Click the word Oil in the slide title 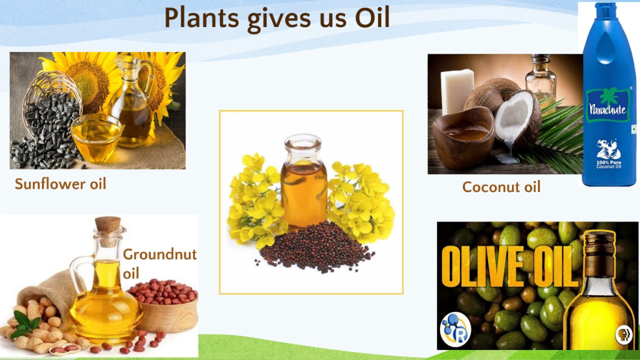tap(372, 18)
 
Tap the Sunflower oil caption tap(61, 184)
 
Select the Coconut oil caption tap(501, 187)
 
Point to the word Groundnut tap(159, 254)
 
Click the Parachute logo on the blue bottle tap(607, 106)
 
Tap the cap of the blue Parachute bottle tap(605, 10)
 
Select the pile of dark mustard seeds tap(315, 246)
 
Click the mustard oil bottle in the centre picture tap(303, 182)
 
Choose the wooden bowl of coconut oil tap(464, 137)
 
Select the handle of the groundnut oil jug tap(79, 271)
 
